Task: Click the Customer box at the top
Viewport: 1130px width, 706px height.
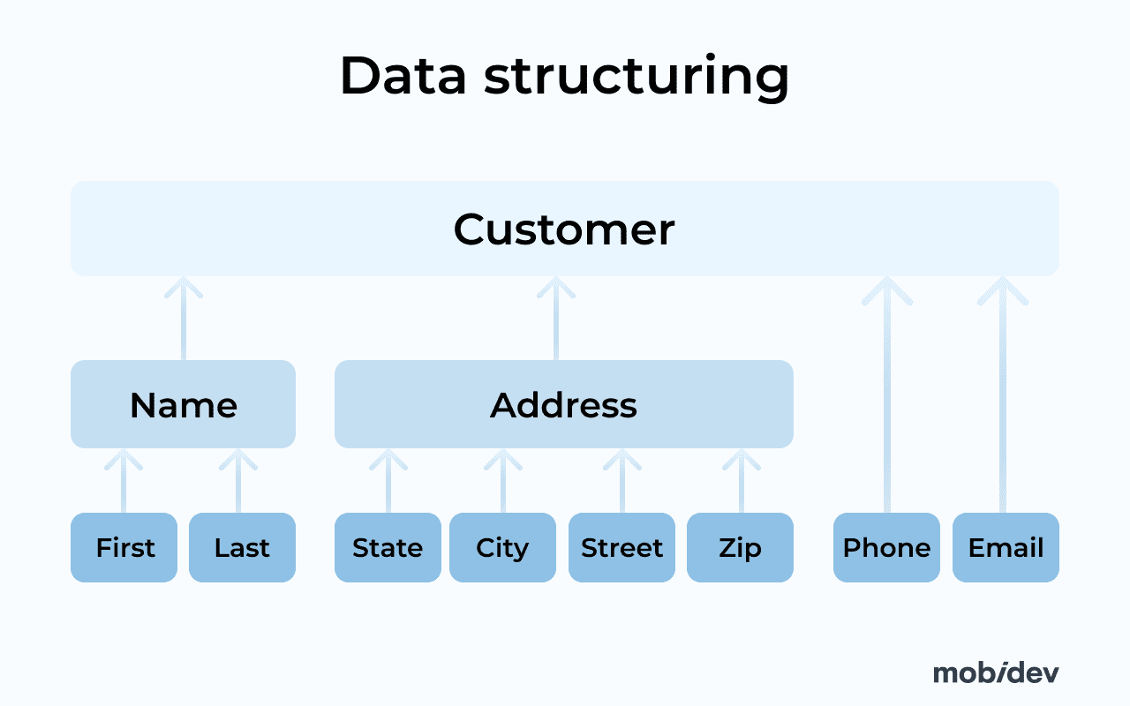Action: pos(564,229)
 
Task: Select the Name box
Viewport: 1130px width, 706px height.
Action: pos(183,404)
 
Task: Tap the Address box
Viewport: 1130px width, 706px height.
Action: pos(563,404)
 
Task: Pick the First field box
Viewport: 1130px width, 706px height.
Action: pos(124,547)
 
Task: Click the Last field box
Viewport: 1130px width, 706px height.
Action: pos(242,547)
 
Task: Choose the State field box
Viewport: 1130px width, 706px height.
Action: pos(388,547)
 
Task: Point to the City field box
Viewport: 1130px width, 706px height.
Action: pos(502,547)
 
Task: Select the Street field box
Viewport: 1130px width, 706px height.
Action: pos(621,547)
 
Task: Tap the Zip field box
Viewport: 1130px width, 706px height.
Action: pos(740,547)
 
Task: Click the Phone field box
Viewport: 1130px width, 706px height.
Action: pos(886,547)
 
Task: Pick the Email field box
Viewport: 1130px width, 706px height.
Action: pos(1006,547)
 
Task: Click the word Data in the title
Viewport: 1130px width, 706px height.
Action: pos(403,76)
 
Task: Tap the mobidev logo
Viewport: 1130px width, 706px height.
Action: pos(995,672)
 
